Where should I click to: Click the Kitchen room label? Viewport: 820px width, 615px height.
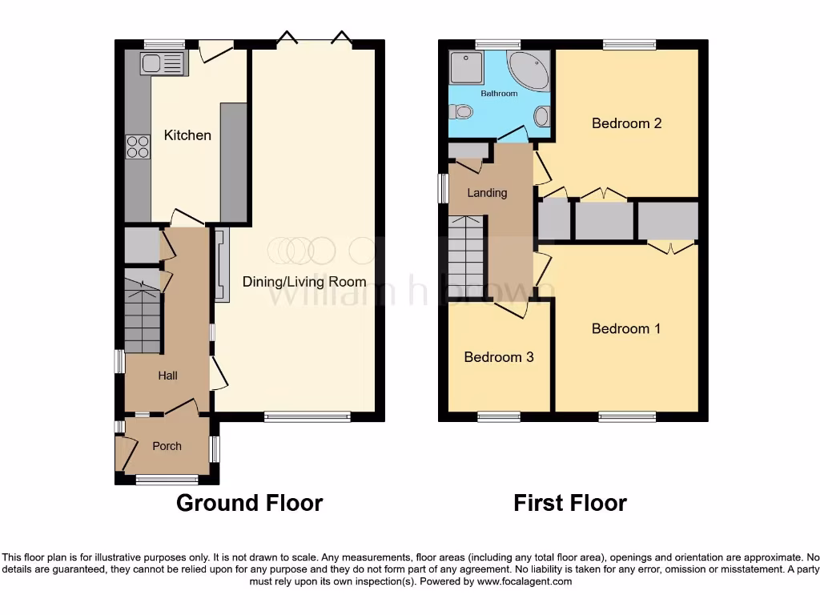(187, 135)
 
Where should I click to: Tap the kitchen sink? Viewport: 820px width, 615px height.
(163, 63)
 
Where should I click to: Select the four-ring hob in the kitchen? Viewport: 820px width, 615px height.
(138, 147)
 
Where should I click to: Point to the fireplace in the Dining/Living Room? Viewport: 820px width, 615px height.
(221, 265)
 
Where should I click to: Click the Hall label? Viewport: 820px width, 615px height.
(167, 376)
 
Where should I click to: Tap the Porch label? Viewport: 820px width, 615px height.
(167, 446)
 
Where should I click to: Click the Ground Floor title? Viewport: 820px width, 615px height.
(249, 503)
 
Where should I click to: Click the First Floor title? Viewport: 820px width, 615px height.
(570, 503)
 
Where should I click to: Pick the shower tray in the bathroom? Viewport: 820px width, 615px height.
(466, 68)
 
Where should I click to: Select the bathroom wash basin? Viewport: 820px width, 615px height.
(541, 117)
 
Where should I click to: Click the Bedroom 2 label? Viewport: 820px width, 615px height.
(626, 123)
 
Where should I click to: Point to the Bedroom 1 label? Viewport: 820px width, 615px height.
(626, 328)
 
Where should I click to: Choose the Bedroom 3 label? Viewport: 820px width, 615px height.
(499, 357)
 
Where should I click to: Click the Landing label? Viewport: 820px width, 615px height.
(487, 193)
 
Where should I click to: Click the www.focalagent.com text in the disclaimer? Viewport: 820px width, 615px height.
(525, 581)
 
